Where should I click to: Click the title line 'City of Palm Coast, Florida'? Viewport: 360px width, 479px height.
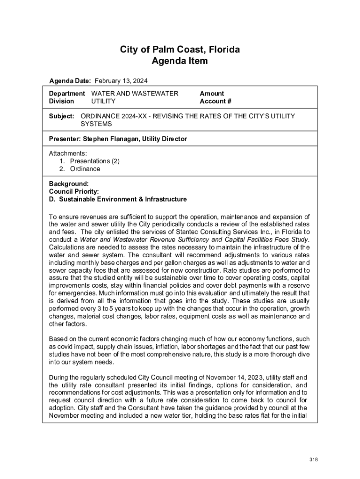pos(180,50)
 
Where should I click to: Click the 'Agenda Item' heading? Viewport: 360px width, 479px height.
pos(180,61)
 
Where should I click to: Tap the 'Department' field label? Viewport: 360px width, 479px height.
pos(67,94)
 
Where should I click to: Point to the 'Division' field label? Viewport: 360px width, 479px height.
pos(61,101)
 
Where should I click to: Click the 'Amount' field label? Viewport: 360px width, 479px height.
pos(212,94)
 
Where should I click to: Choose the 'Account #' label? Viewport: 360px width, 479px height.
pos(216,101)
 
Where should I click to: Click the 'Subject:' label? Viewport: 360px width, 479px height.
pos(62,116)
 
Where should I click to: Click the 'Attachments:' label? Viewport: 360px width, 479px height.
pos(68,153)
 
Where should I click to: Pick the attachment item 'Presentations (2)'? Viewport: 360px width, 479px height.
pos(95,161)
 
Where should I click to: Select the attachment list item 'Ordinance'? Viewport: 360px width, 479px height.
pos(85,168)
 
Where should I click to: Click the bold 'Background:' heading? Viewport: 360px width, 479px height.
pos(69,184)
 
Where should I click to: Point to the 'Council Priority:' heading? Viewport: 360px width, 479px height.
pos(74,191)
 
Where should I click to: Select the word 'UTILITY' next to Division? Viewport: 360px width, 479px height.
pos(103,101)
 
